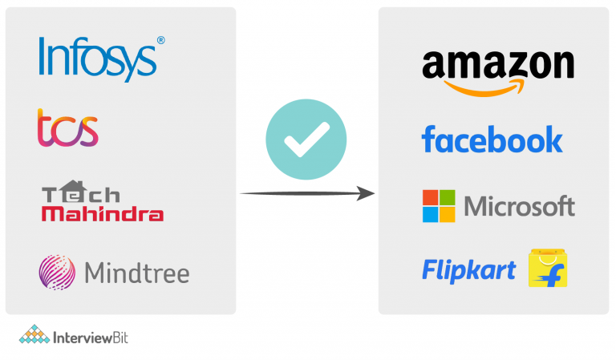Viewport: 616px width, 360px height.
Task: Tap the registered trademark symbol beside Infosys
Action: pyautogui.click(x=160, y=40)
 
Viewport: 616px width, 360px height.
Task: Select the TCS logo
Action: pyautogui.click(x=68, y=129)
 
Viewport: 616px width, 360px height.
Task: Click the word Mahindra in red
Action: pyautogui.click(x=103, y=214)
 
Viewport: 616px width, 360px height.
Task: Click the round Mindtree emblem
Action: pyautogui.click(x=57, y=272)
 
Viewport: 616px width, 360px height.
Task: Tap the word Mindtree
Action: pyautogui.click(x=136, y=273)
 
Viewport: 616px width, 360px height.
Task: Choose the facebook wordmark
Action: pyautogui.click(x=492, y=139)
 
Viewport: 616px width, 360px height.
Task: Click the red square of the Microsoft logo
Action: pyautogui.click(x=431, y=197)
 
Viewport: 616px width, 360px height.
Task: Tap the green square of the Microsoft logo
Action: pyautogui.click(x=447, y=197)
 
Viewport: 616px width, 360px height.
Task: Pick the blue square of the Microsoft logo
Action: pyautogui.click(x=431, y=214)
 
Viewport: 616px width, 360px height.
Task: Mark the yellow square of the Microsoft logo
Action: pyautogui.click(x=447, y=214)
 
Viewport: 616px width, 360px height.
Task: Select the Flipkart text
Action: pyautogui.click(x=468, y=270)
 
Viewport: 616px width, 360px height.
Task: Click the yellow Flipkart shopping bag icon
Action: pyautogui.click(x=548, y=268)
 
